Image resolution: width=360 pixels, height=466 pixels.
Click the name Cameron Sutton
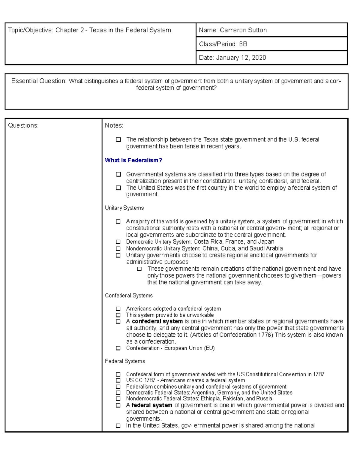click(x=243, y=30)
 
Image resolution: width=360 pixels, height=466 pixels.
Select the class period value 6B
click(x=243, y=44)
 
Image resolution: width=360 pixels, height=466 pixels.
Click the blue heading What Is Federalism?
click(x=133, y=160)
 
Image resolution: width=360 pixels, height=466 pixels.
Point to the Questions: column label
click(x=23, y=125)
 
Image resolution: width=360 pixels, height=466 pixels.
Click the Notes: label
click(x=114, y=125)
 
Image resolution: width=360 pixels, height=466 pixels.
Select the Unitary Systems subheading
click(x=124, y=208)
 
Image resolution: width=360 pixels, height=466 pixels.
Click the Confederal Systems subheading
click(x=129, y=296)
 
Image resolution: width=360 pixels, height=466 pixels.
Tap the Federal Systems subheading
click(x=125, y=361)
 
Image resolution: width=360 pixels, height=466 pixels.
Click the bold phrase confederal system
click(x=157, y=321)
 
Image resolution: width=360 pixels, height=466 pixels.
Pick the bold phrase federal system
click(x=152, y=405)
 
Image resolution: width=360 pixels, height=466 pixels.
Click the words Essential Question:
click(x=39, y=81)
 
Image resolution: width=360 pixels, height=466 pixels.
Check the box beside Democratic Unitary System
click(x=118, y=242)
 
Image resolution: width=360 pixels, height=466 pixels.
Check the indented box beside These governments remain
click(x=139, y=269)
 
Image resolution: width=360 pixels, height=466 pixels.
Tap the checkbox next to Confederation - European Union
click(x=118, y=348)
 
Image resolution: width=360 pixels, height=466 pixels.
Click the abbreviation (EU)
click(x=209, y=348)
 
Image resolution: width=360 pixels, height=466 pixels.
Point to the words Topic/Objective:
click(x=30, y=30)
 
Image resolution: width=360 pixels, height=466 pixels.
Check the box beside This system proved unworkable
click(x=118, y=315)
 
